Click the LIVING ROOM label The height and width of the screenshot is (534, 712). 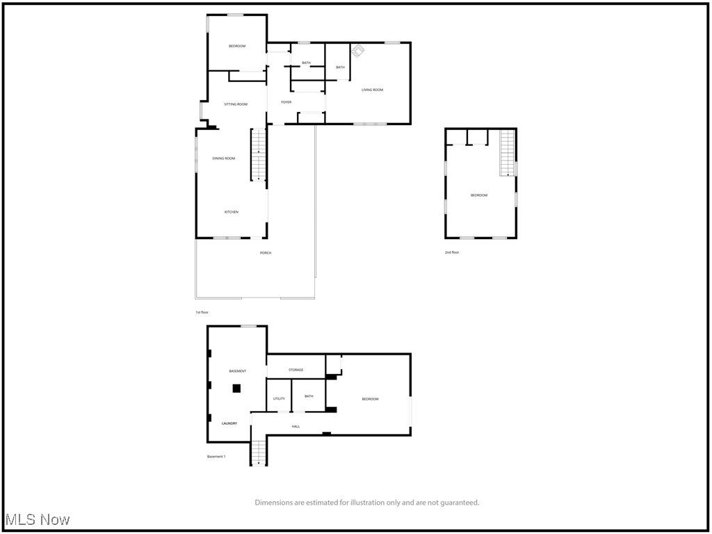pos(372,90)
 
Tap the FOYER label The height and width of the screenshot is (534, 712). pos(286,102)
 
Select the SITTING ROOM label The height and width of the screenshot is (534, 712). pos(235,104)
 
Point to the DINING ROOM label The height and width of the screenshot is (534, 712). pos(224,159)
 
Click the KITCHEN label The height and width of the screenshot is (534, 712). pos(232,212)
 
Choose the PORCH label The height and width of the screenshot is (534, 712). pos(266,253)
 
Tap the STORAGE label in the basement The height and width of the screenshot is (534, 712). pos(296,370)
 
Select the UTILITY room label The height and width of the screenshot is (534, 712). pos(279,398)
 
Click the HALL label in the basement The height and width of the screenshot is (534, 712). pos(296,426)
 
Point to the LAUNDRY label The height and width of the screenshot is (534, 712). pos(229,423)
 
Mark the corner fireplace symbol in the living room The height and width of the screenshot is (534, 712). pos(358,50)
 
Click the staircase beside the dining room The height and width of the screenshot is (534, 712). pos(259,155)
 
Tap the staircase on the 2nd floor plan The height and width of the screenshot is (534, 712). pos(508,153)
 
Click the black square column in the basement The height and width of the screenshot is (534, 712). pos(236,389)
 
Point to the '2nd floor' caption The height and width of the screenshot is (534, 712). pos(452,252)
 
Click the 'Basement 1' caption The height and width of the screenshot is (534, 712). pos(216,457)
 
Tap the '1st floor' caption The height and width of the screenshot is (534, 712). pos(202,313)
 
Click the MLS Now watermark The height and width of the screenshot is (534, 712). pos(38,520)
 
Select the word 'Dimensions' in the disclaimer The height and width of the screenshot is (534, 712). pos(273,503)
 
